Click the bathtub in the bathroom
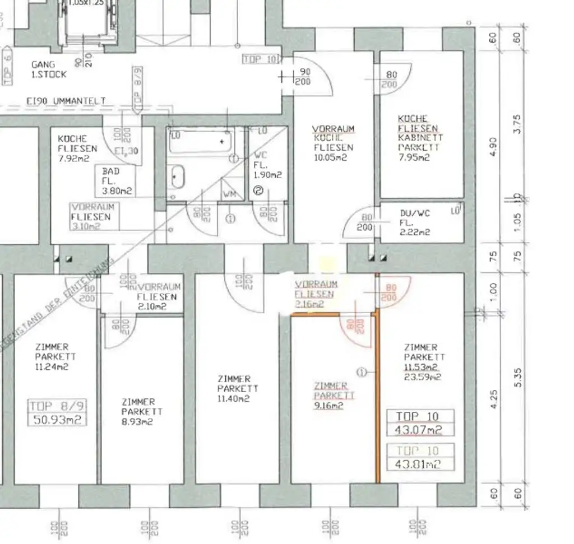tap(201, 141)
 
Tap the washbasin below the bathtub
tap(177, 178)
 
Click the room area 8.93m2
tap(138, 421)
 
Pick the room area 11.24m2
tap(54, 367)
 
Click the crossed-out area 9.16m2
tap(328, 405)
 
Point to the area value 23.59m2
tap(422, 376)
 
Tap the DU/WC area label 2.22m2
tap(415, 232)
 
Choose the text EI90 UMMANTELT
tap(66, 101)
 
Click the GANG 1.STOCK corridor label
tap(48, 69)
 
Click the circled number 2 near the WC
tap(258, 190)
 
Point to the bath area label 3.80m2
tap(117, 190)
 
